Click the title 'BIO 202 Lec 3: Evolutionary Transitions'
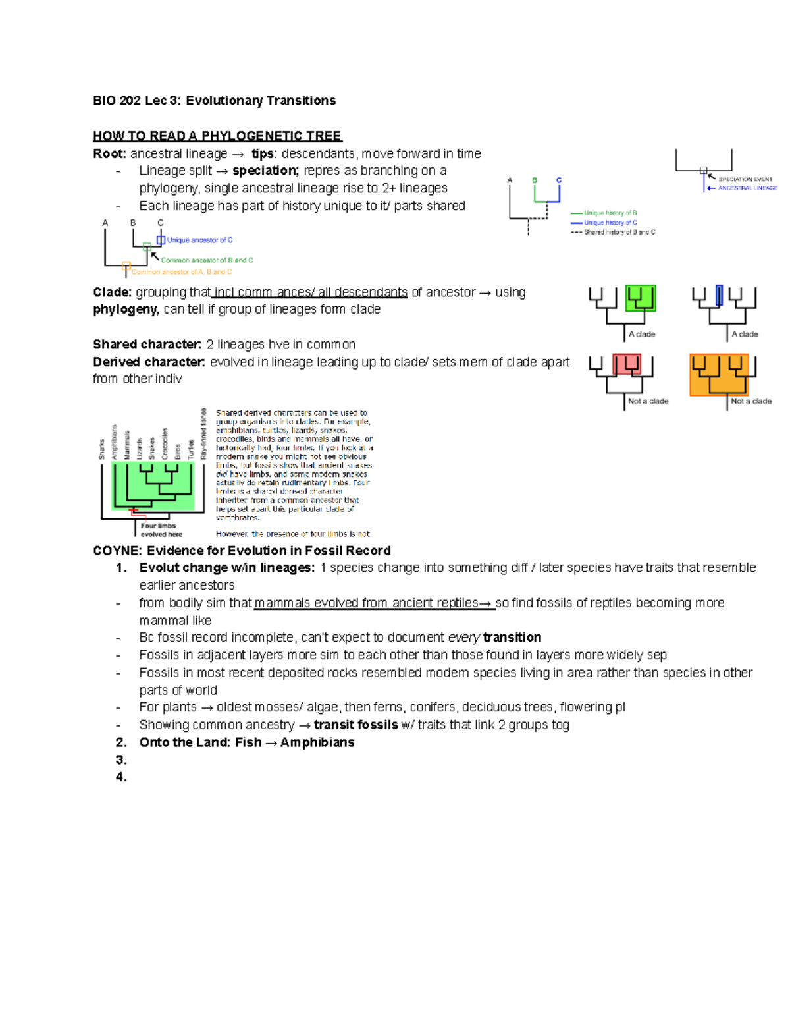[x=214, y=101]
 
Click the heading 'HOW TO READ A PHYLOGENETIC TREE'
[x=217, y=136]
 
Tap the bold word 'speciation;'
[x=265, y=171]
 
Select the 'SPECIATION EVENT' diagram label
[x=745, y=179]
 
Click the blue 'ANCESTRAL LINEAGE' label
[x=747, y=188]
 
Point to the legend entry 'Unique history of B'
[x=610, y=213]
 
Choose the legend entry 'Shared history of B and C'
[x=619, y=232]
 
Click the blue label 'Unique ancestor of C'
[x=199, y=240]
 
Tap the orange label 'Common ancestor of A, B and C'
[x=182, y=272]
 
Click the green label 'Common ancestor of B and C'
[x=207, y=260]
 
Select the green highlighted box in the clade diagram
[x=640, y=298]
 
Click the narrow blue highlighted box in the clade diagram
[x=719, y=295]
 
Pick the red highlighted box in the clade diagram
[x=626, y=364]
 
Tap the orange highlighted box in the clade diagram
[x=719, y=375]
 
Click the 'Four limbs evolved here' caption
[x=161, y=530]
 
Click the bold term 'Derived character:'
[x=149, y=362]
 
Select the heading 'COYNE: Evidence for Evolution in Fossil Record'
[x=242, y=551]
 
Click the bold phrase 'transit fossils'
[x=355, y=725]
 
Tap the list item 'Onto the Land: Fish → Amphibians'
[x=247, y=742]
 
